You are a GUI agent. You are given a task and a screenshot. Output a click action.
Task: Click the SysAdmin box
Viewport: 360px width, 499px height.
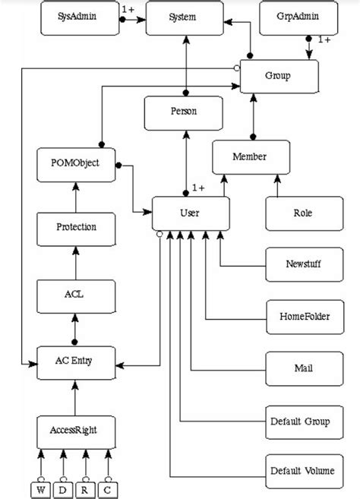76,17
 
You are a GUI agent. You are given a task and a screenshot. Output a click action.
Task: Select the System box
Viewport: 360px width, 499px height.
185,17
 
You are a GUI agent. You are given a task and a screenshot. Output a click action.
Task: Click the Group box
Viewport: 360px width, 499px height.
278,77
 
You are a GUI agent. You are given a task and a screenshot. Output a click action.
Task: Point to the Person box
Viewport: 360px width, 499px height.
184,112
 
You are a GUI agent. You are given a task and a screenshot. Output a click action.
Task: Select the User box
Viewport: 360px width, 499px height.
190,213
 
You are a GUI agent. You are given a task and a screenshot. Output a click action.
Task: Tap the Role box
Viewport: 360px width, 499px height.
303,213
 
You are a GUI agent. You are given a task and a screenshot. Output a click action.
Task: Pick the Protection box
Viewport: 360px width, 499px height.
76,227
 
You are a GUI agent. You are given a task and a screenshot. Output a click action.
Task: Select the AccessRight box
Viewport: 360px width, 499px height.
76,431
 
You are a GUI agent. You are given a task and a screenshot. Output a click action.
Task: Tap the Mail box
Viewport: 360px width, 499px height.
302,368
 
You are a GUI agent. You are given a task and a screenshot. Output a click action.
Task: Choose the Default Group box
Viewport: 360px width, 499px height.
302,420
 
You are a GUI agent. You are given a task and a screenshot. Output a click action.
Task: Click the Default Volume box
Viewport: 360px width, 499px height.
302,471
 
